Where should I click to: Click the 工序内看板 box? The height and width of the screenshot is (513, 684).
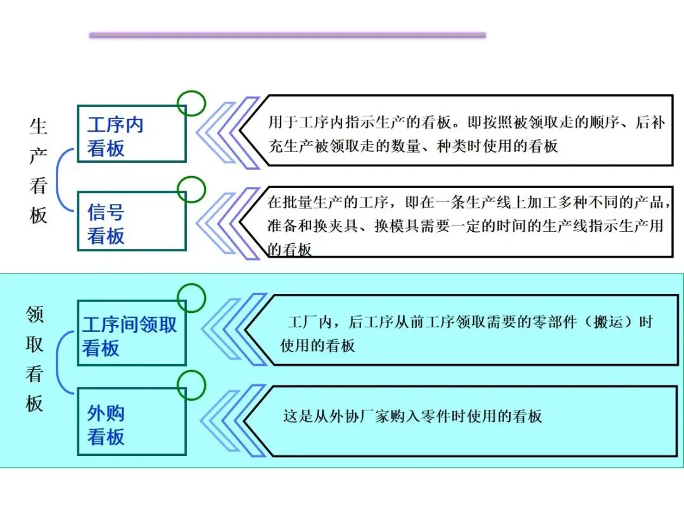pos(131,135)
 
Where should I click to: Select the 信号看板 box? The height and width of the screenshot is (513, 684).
pos(131,222)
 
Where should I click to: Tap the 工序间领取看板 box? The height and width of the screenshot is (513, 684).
pos(131,334)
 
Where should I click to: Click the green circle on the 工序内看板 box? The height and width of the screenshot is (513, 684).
pos(191,103)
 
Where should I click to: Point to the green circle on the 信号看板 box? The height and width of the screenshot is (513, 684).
pos(191,189)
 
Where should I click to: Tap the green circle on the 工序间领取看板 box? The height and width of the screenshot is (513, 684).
pos(191,298)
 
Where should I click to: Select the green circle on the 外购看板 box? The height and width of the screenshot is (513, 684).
pos(191,386)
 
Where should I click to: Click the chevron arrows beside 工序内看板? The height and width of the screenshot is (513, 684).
pos(228,132)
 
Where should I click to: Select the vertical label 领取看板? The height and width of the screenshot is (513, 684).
pos(35,359)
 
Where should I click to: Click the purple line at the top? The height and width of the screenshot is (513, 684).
pos(288,35)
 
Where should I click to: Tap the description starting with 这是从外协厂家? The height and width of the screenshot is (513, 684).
pos(412,417)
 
